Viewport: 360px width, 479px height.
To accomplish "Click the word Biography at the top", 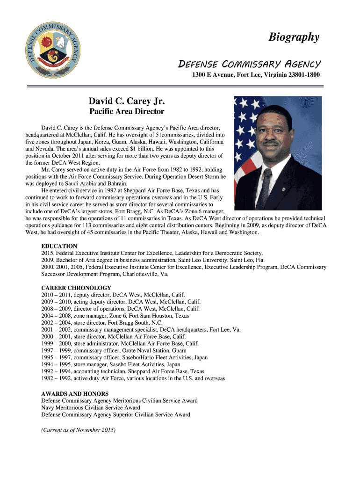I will click(x=294, y=37).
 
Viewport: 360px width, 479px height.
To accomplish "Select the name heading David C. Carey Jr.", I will click(x=127, y=102).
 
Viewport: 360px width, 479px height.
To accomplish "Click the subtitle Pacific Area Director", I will click(x=127, y=112).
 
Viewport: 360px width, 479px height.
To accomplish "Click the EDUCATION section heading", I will click(x=59, y=246).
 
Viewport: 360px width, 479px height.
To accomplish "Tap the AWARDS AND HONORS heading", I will click(x=75, y=394).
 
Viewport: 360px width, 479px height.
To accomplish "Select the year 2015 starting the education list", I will click(x=48, y=253).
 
